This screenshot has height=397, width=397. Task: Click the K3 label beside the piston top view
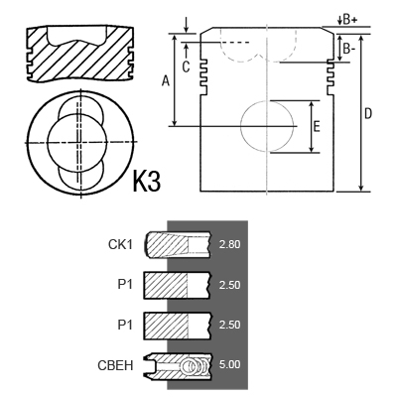tap(147, 181)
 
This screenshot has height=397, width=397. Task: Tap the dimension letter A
tap(166, 80)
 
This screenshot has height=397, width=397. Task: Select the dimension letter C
tap(186, 66)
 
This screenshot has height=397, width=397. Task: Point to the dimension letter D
tap(368, 113)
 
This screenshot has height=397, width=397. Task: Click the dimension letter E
tap(317, 127)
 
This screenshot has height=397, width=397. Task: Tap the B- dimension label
tap(349, 49)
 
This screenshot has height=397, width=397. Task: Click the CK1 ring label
tap(120, 244)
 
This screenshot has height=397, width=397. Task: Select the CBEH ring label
tap(115, 365)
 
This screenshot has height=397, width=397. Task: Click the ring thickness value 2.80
tap(229, 244)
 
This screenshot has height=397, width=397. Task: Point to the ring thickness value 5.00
tap(229, 364)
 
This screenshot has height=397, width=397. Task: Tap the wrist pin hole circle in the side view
tap(241, 126)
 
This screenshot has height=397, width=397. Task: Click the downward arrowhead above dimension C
tap(187, 30)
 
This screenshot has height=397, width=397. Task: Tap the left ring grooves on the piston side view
tap(203, 76)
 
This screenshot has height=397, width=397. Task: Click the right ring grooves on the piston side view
tap(331, 76)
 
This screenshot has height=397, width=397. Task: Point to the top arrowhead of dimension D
tap(361, 38)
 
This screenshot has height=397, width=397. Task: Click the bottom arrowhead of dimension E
tap(311, 149)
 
